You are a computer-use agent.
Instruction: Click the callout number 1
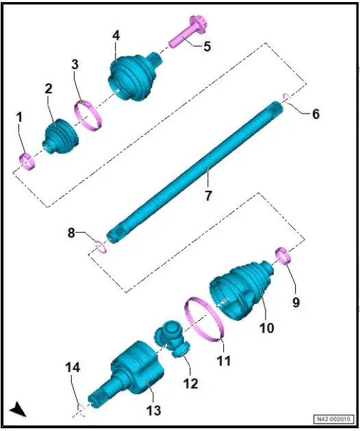20,118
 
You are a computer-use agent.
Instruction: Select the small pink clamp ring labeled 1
26,162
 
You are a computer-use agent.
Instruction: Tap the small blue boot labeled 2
60,135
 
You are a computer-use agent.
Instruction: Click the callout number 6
315,114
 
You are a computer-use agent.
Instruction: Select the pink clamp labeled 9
283,258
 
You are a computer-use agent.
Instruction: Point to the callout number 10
266,328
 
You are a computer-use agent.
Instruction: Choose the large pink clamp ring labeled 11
205,318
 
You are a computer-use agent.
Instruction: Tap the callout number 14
73,368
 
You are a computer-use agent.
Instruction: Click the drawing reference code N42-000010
335,419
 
